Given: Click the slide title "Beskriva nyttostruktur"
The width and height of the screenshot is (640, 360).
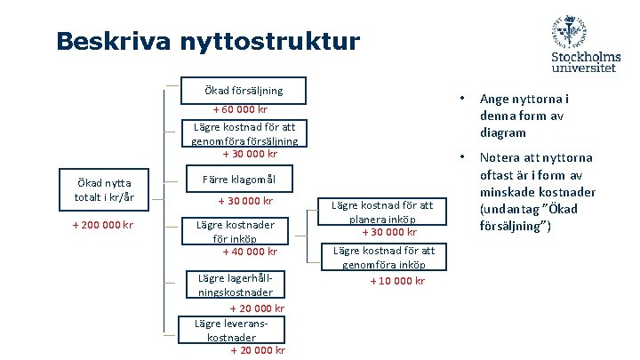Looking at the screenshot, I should [x=207, y=41].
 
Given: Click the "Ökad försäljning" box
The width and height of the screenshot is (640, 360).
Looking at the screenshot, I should [x=244, y=90].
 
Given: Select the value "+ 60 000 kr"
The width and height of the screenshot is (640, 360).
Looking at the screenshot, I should [x=240, y=110].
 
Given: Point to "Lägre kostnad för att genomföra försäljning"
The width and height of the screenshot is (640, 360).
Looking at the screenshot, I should [x=244, y=133].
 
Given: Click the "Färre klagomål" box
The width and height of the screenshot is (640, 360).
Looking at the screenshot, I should [x=235, y=180].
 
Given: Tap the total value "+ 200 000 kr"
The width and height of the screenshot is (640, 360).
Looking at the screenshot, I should [x=102, y=225].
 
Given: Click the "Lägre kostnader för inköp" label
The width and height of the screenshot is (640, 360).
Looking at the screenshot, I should [x=236, y=231].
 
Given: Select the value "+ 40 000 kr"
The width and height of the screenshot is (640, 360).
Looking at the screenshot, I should [x=250, y=252].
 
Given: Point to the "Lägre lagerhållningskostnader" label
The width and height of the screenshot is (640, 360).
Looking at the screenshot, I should [x=236, y=284].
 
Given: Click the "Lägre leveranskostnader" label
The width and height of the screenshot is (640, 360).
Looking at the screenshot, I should [x=231, y=330].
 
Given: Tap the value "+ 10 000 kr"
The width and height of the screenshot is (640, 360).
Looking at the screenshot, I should [x=397, y=281].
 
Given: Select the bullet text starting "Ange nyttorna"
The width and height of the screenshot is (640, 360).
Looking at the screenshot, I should [x=524, y=116].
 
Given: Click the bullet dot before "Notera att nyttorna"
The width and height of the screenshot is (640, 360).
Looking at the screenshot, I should [x=460, y=158].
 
